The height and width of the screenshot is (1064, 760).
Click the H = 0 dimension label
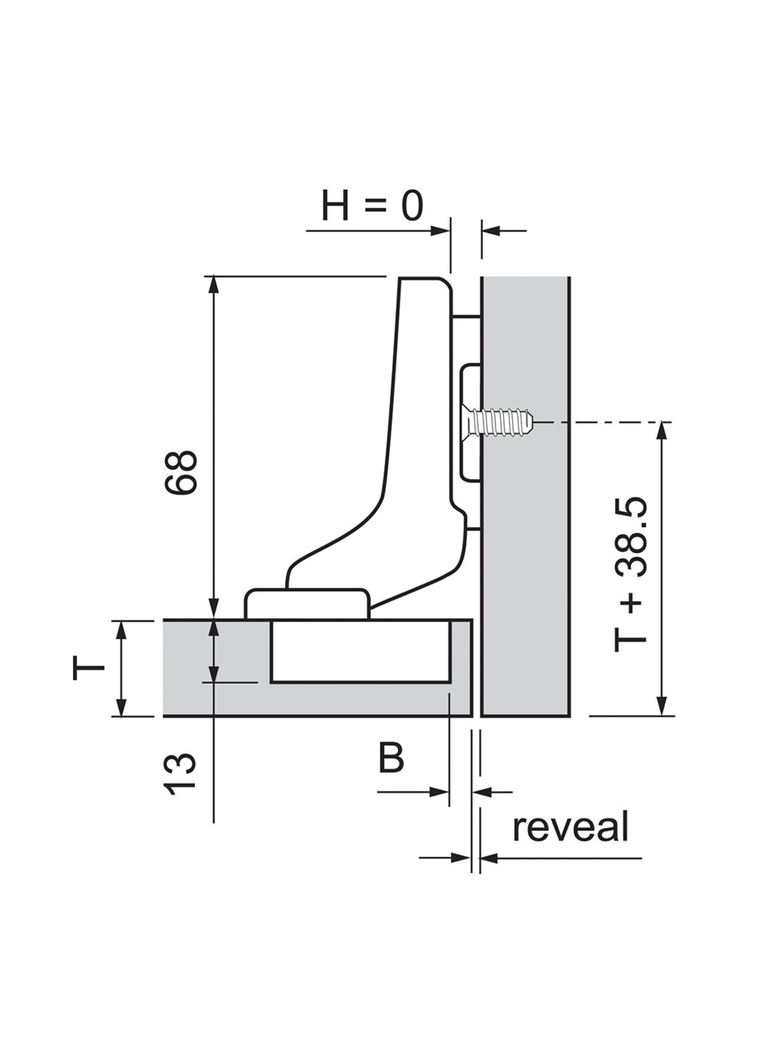point(372,207)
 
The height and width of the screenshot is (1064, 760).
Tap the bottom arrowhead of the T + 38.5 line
point(661,719)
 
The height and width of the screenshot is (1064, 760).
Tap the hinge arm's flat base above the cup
point(306,604)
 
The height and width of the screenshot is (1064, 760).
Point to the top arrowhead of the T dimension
point(121,630)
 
